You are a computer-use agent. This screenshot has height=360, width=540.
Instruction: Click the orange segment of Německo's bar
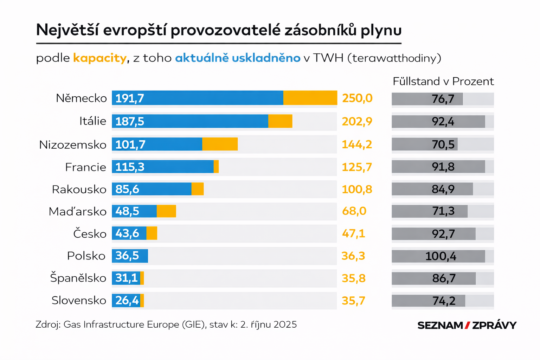310,98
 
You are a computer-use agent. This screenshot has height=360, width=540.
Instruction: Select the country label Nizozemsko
73,145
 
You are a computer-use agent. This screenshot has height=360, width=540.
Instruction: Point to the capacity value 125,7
357,167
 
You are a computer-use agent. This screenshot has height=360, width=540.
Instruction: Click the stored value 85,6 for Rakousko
127,189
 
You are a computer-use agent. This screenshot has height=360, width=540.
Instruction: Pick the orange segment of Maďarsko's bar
166,211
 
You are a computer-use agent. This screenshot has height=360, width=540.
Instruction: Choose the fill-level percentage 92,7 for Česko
443,234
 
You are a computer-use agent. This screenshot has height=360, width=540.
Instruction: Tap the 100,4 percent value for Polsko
441,256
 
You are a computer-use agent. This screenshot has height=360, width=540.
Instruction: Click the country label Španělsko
78,278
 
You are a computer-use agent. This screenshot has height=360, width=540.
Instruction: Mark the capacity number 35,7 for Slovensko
353,301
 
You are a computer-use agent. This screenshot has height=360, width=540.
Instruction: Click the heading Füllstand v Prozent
443,82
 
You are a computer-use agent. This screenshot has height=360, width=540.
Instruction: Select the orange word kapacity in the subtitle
99,58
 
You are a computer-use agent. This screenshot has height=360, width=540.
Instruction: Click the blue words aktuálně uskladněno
238,58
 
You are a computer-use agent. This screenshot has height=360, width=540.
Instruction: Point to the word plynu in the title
381,30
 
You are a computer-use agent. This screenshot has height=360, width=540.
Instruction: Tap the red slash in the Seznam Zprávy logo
467,325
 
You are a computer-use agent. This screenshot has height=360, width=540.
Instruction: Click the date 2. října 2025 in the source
269,324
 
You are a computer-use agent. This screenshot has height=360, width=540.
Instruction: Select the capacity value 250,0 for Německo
357,98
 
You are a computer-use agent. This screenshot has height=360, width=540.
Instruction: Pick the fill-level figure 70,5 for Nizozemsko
443,144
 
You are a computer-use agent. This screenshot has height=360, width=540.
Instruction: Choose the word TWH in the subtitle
328,58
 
